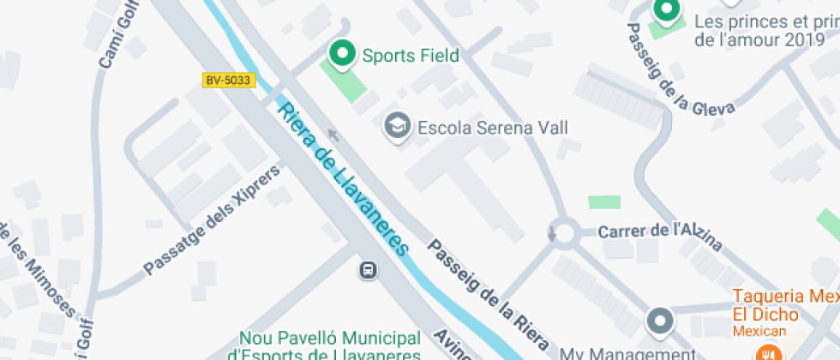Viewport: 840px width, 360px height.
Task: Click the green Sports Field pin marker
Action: [x=343, y=54]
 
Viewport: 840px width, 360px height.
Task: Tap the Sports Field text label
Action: [x=411, y=56]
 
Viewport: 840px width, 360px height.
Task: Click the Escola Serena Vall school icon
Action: [x=396, y=126]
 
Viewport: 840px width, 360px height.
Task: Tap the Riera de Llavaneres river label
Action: [x=340, y=175]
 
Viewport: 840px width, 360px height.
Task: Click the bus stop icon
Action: [x=368, y=270]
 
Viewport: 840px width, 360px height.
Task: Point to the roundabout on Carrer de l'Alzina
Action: [x=563, y=232]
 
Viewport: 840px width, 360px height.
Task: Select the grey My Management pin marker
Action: [x=659, y=322]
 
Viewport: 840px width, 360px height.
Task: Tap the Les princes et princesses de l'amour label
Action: [x=765, y=30]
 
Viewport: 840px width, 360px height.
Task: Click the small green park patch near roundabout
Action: [x=604, y=202]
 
